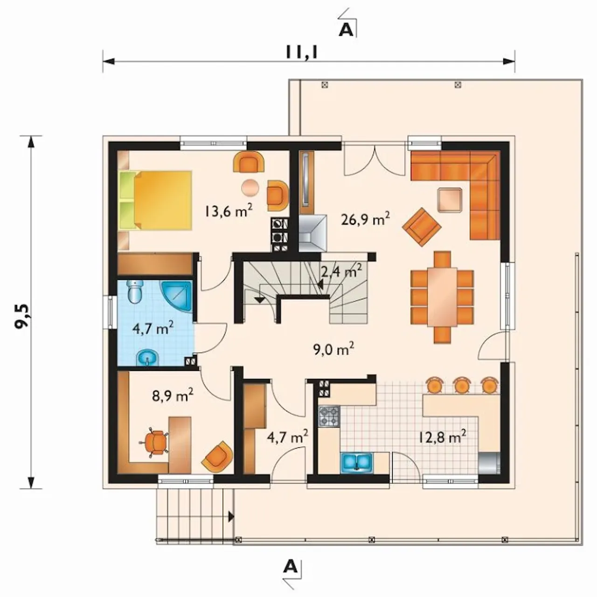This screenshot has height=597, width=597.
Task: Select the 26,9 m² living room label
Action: coord(365,219)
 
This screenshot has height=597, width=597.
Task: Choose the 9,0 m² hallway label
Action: coord(333,350)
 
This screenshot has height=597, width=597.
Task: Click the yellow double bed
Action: coord(155,200)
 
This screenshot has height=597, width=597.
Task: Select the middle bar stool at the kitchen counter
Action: coord(461,385)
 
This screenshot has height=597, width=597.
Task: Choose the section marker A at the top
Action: coord(346,30)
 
